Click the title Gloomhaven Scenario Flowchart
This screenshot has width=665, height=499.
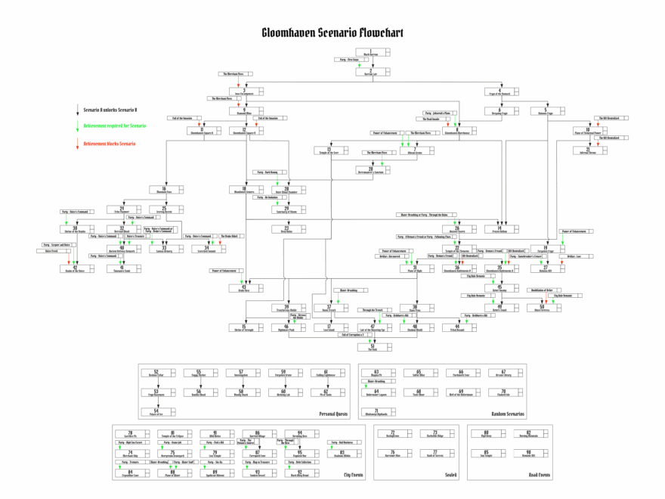coord(332,33)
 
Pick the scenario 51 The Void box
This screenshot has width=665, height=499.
coord(372,346)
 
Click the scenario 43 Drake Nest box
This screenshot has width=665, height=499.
coord(244,287)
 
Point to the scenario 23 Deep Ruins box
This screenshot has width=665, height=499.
coord(286,228)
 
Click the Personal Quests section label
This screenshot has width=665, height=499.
coord(337,414)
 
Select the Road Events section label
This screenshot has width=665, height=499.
coord(539,474)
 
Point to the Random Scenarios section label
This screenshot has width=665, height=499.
coord(505,414)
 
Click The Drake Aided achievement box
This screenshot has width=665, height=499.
coord(230,237)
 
